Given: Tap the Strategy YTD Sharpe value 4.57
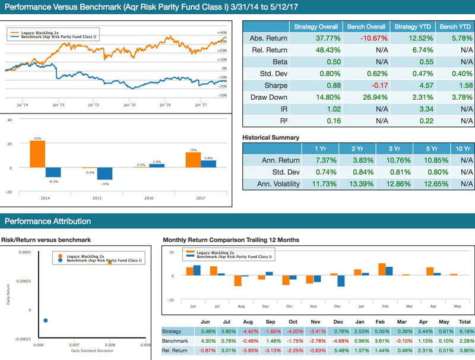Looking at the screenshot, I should (x=413, y=85).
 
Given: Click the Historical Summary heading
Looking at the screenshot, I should (x=271, y=137).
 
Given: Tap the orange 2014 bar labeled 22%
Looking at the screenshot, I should (x=37, y=154).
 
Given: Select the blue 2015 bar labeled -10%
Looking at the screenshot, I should (x=105, y=173).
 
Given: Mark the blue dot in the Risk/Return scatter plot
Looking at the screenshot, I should (x=46, y=320).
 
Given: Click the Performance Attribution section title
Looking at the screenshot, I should (x=47, y=222).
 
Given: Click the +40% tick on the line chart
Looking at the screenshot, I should (x=221, y=33).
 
